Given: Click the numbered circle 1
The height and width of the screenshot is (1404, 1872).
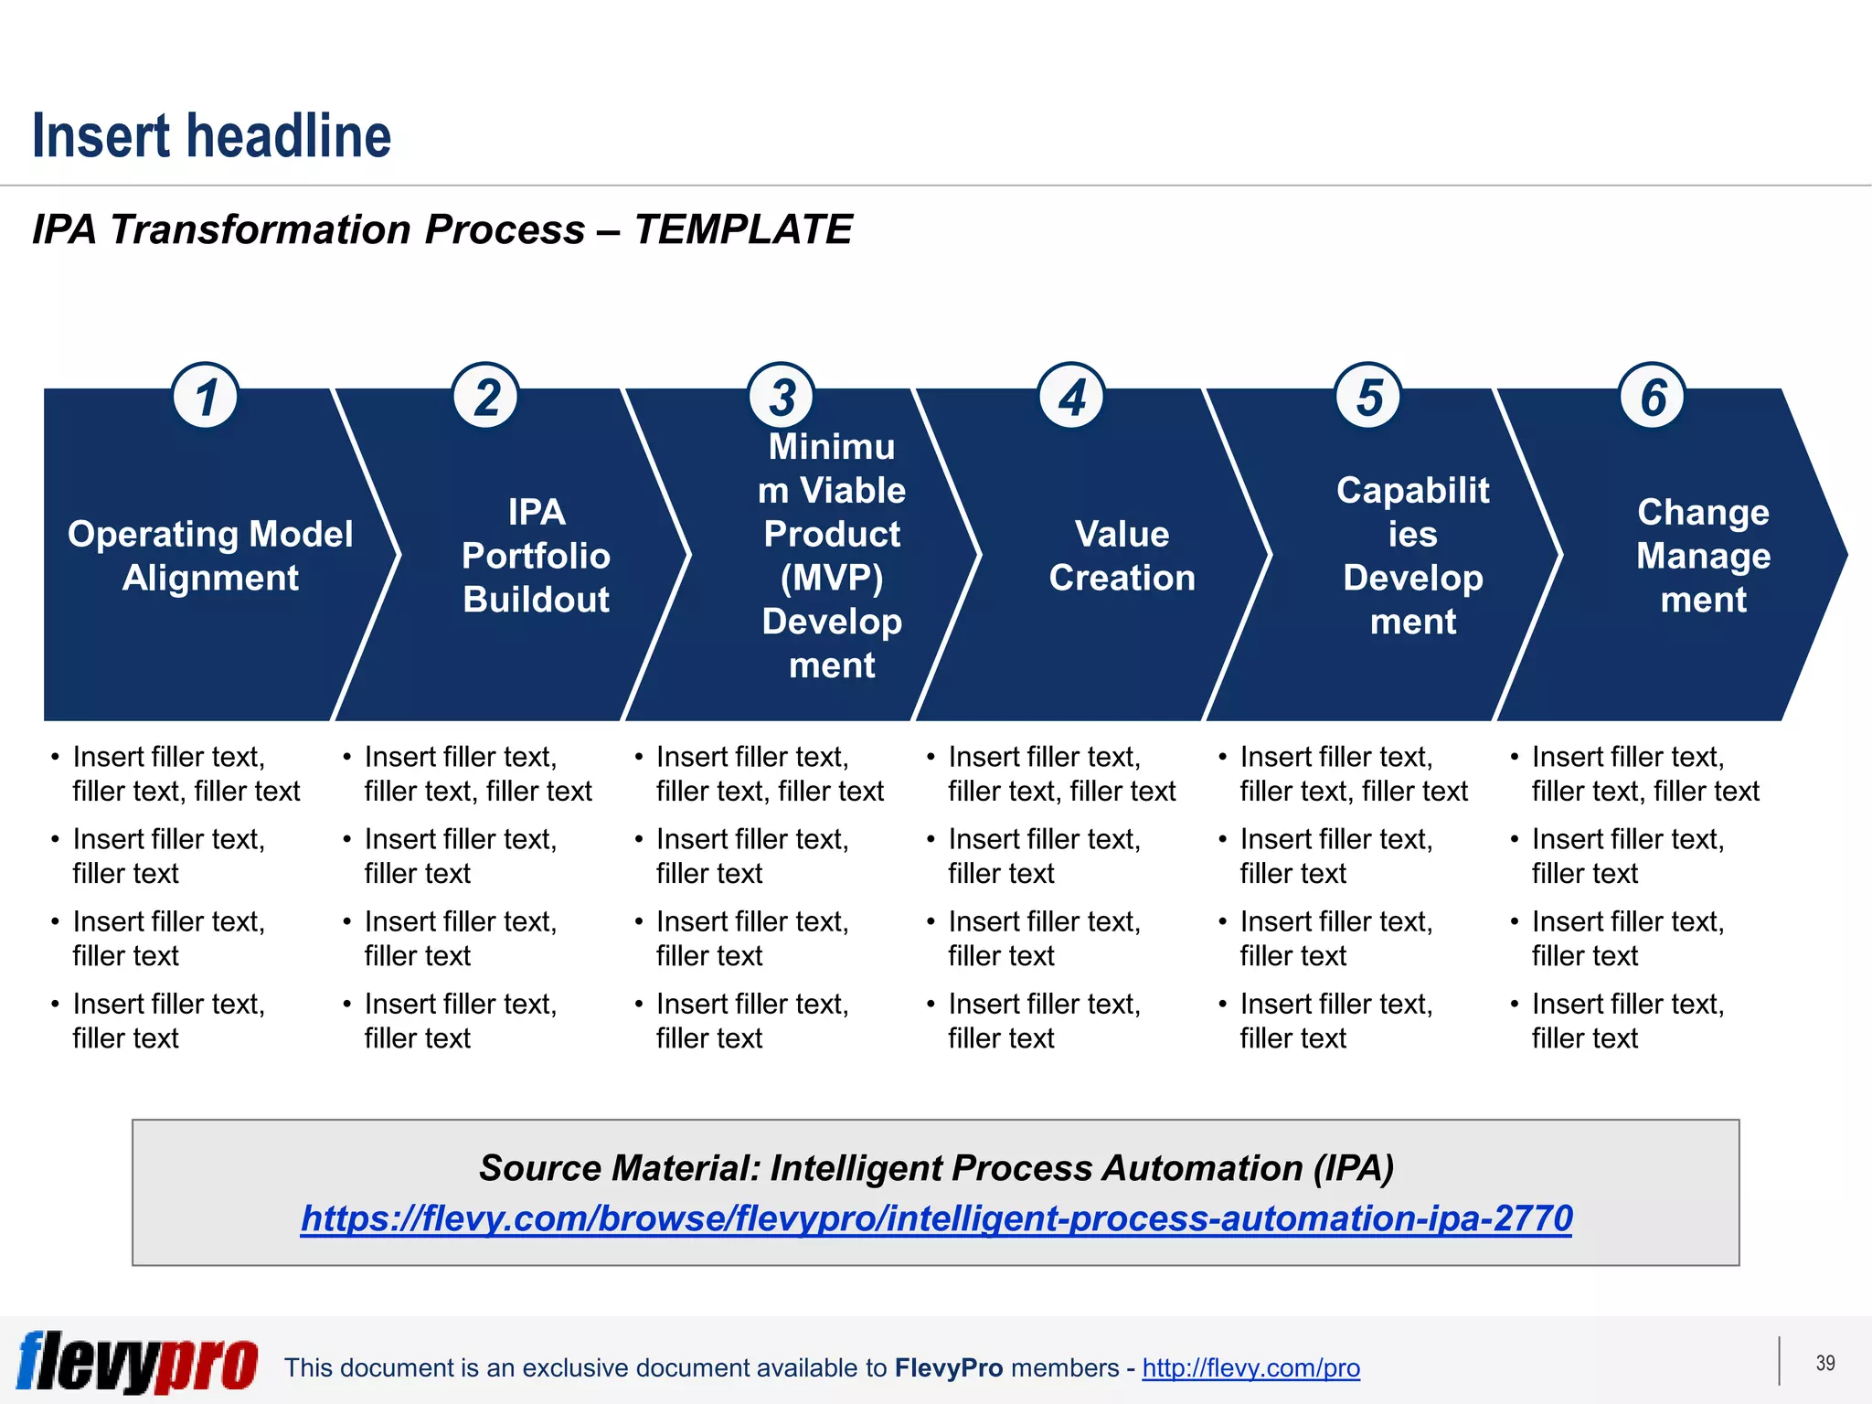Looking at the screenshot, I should click(x=206, y=397).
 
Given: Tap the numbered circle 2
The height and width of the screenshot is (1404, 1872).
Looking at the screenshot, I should click(x=486, y=397).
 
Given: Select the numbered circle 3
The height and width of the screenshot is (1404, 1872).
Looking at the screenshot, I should click(x=782, y=397).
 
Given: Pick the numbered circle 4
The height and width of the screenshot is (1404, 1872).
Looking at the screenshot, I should click(x=1072, y=397).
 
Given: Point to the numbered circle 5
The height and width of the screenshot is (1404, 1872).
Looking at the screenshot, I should click(x=1368, y=397).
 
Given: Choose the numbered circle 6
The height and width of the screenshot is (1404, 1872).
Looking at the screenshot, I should click(x=1653, y=397).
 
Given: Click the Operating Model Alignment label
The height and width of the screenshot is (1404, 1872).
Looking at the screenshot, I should click(x=210, y=556).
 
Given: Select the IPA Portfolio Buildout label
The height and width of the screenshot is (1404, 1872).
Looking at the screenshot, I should click(x=537, y=556).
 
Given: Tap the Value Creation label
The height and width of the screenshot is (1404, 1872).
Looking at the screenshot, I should click(x=1122, y=556).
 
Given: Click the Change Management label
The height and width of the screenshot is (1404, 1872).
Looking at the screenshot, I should click(x=1703, y=556).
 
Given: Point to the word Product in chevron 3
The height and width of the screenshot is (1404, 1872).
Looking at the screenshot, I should click(x=832, y=534).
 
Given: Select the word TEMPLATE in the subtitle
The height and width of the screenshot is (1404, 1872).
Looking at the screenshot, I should click(x=742, y=229).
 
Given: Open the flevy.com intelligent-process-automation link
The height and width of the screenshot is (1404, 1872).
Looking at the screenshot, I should click(x=936, y=1218).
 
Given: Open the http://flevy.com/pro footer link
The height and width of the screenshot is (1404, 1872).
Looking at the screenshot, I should click(x=1250, y=1367).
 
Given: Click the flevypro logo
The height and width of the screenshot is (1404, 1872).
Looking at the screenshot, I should click(x=137, y=1362).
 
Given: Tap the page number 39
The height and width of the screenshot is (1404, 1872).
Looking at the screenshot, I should click(x=1824, y=1363).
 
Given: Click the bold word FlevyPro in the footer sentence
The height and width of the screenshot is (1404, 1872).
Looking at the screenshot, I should click(x=949, y=1367).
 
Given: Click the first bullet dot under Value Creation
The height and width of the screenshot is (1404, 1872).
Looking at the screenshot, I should click(x=931, y=758).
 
